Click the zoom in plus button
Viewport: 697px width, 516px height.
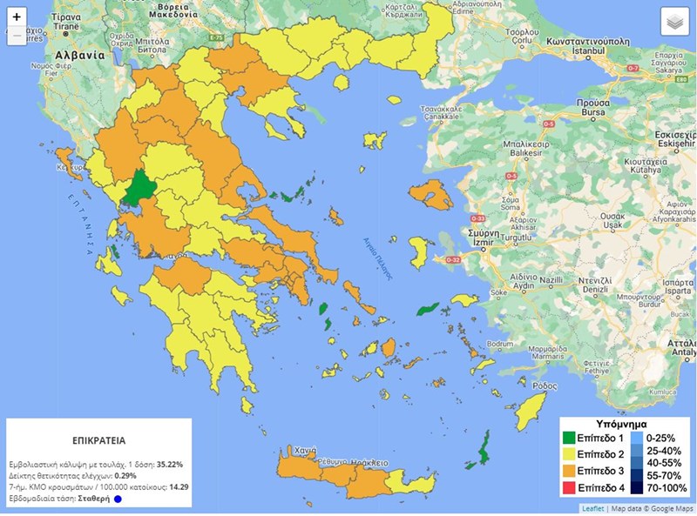click(x=17, y=17)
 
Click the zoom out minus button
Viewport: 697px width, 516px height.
click(x=17, y=36)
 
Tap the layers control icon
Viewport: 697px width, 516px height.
click(x=674, y=22)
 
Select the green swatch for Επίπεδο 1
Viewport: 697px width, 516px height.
click(x=572, y=438)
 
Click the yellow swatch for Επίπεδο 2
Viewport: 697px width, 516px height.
click(x=572, y=454)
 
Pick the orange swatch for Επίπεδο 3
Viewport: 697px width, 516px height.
click(x=572, y=471)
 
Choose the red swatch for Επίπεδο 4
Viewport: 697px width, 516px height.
click(x=572, y=487)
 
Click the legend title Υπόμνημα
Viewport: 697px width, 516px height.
click(x=626, y=422)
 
